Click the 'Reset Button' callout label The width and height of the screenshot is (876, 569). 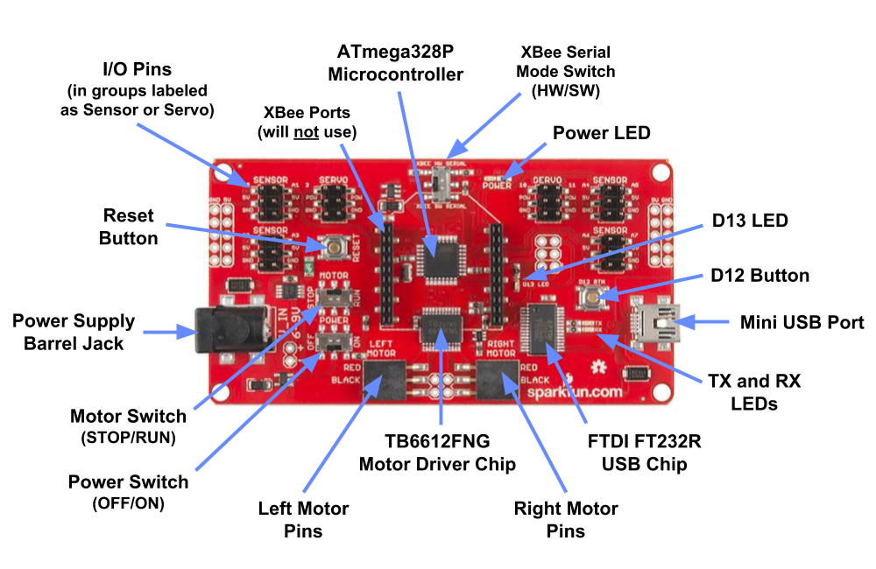tap(129, 226)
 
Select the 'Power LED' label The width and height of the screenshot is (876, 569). tap(601, 133)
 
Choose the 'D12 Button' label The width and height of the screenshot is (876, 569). tap(760, 275)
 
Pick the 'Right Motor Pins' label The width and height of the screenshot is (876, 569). tap(566, 519)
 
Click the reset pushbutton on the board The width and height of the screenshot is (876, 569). tap(335, 247)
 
